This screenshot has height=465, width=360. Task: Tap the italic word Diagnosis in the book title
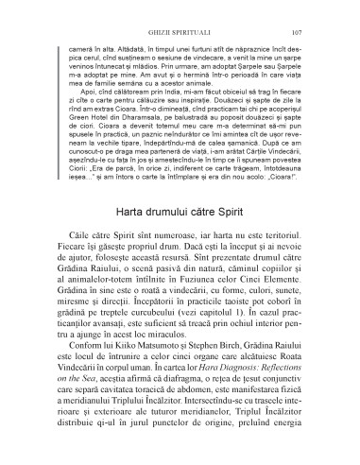tap(215, 379)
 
